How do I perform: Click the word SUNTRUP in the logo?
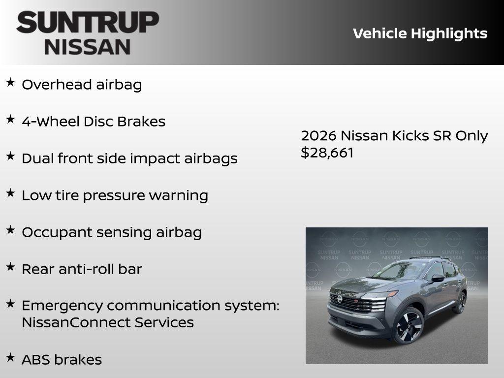[88, 23]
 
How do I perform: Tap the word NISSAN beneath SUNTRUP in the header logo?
[88, 47]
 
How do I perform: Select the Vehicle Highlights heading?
[420, 33]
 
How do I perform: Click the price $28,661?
[327, 153]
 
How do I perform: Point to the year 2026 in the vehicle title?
[318, 136]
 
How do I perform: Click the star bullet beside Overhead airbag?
[10, 82]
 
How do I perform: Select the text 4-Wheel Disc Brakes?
[94, 122]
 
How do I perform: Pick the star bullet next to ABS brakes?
[10, 357]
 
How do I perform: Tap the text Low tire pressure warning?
[115, 195]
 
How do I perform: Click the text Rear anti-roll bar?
[82, 269]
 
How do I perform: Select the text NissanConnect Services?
[107, 322]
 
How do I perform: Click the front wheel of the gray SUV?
[408, 326]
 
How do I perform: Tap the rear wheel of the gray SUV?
[460, 302]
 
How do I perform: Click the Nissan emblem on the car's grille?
[340, 299]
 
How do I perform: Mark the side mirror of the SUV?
[437, 278]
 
